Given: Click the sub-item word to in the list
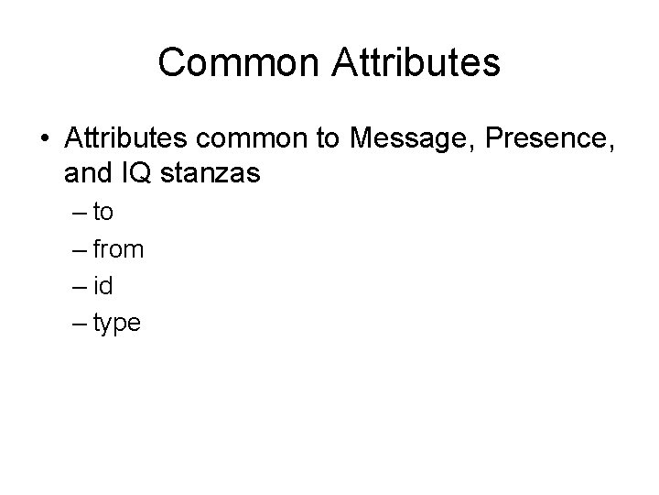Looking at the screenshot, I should tap(103, 213).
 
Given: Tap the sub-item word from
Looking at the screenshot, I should tap(118, 249).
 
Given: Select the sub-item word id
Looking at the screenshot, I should tap(103, 285).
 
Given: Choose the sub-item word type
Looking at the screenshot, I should tap(117, 323).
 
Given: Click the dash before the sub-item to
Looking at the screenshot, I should tap(77, 214).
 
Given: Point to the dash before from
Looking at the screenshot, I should tap(77, 250).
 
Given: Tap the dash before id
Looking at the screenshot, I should tap(77, 287).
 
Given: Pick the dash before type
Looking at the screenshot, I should tap(77, 324).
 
